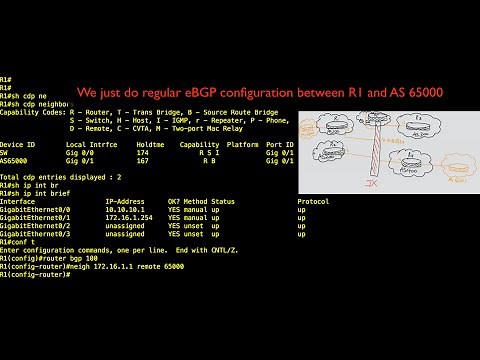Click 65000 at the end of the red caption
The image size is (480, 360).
tap(421, 92)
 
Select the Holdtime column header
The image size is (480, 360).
tap(150, 144)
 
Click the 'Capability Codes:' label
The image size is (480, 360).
tap(32, 112)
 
